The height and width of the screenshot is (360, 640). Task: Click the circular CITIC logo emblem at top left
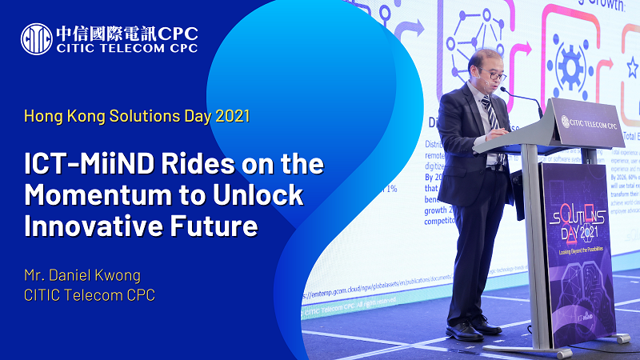(x=36, y=38)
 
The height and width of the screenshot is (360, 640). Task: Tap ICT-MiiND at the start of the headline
(x=79, y=166)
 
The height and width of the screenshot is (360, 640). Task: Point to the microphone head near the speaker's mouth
(x=504, y=90)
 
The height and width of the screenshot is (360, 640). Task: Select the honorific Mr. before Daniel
(x=35, y=275)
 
